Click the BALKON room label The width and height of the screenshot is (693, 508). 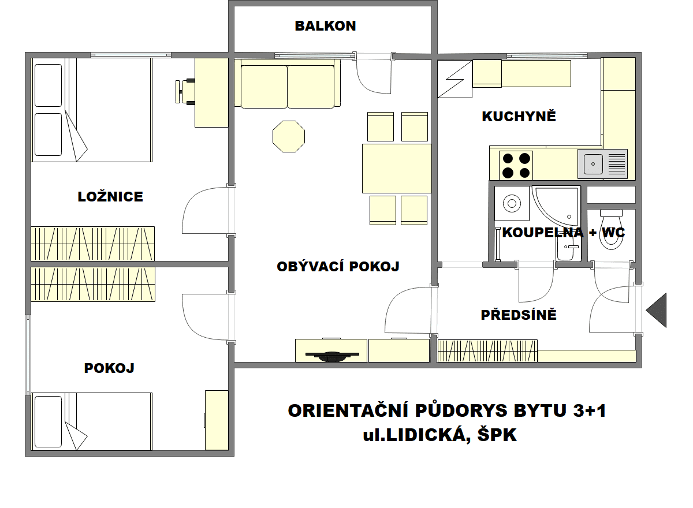click(x=325, y=26)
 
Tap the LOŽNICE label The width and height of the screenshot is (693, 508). click(x=110, y=197)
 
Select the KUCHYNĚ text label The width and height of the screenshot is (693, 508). click(x=519, y=117)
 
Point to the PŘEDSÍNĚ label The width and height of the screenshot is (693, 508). click(x=519, y=315)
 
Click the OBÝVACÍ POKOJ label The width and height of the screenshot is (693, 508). click(x=338, y=267)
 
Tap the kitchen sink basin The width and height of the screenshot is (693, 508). click(x=593, y=165)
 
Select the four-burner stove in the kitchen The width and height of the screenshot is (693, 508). click(x=516, y=165)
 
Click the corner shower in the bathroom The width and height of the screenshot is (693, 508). click(x=556, y=204)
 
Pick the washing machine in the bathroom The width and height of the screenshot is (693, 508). click(x=512, y=203)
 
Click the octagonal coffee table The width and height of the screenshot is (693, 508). click(x=289, y=136)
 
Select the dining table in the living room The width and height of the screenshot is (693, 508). click(x=397, y=168)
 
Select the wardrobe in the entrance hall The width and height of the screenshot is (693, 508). click(x=487, y=350)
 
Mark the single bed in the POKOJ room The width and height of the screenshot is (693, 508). click(x=92, y=421)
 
